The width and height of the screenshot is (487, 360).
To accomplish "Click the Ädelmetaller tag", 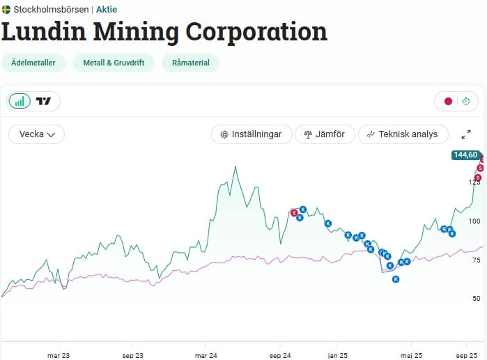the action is [x=33, y=63].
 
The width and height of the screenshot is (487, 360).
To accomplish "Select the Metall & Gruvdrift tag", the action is [x=114, y=63].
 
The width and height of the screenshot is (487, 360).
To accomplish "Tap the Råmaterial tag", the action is [x=190, y=63].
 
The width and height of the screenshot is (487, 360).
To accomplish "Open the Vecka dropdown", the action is [x=37, y=134].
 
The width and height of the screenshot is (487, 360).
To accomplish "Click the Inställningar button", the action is [x=252, y=134].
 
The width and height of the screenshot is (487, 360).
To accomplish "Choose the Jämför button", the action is [x=325, y=134].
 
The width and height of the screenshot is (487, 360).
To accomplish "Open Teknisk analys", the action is [x=403, y=134].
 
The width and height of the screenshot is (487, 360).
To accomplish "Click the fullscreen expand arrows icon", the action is [x=466, y=134].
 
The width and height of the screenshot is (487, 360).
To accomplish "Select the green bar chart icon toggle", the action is [x=20, y=101].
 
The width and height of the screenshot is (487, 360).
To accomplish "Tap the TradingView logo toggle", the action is [x=43, y=101].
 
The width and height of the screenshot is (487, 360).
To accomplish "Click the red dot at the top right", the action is [x=448, y=101].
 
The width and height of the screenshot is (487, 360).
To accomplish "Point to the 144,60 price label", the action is [x=465, y=155].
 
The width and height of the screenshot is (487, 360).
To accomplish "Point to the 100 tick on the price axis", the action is [x=474, y=221].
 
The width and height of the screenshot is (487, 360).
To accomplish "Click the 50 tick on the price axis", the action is [x=476, y=298].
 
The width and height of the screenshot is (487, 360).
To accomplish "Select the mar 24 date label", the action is [x=206, y=356].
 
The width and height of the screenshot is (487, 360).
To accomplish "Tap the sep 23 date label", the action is [x=132, y=356].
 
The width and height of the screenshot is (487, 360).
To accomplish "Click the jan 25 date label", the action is [x=338, y=356].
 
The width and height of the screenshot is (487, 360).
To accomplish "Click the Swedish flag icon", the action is [x=6, y=10].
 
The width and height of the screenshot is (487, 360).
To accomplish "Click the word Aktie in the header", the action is [x=107, y=10].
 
